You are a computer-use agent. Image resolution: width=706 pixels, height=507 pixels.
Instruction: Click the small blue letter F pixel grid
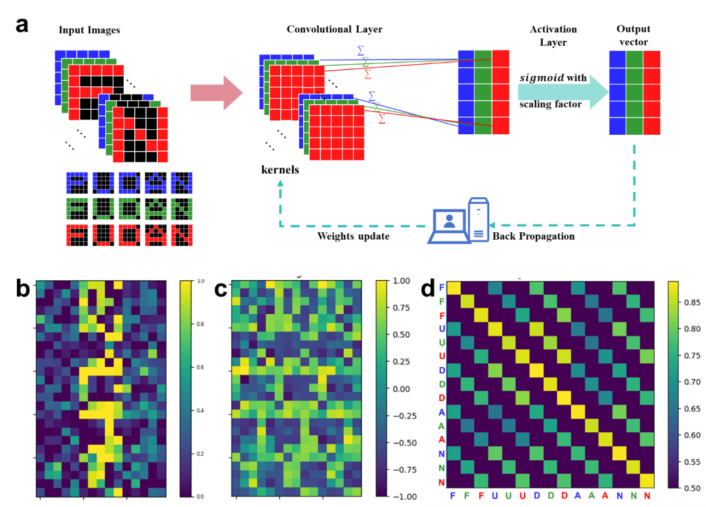[77, 183]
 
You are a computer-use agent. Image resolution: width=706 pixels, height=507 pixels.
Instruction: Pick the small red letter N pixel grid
[181, 235]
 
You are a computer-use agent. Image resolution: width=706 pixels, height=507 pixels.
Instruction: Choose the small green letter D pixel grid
[129, 209]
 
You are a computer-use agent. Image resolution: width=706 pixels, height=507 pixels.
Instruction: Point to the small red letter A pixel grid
[155, 235]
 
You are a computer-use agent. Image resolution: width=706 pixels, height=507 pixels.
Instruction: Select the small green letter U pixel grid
[103, 209]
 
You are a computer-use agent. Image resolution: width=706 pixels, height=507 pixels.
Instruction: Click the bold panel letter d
[427, 288]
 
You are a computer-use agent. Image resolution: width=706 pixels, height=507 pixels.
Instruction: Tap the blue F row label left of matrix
[442, 287]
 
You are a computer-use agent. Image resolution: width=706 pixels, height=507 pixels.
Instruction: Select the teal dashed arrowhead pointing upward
[280, 183]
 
